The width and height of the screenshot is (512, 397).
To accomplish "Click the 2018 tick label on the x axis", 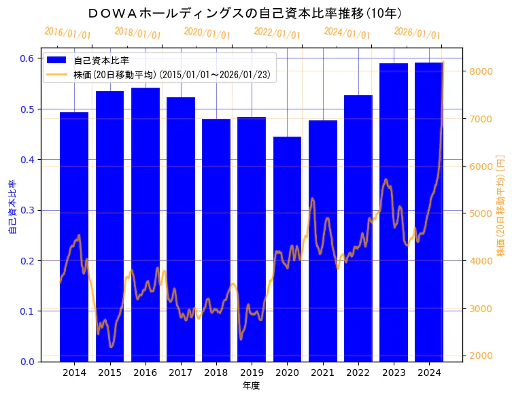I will pyautogui.click(x=216, y=373).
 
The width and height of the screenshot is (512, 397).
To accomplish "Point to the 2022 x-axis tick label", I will pyautogui.click(x=358, y=373).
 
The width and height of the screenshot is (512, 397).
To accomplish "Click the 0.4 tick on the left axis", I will pyautogui.click(x=27, y=160).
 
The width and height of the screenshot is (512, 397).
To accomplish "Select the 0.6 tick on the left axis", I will pyautogui.click(x=27, y=58).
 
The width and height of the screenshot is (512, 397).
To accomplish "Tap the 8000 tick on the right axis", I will pyautogui.click(x=481, y=71).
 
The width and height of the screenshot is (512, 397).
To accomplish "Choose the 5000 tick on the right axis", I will pyautogui.click(x=481, y=213).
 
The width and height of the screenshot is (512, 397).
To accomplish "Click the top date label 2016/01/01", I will pyautogui.click(x=67, y=33).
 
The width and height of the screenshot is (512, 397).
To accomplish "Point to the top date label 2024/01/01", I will pyautogui.click(x=347, y=33).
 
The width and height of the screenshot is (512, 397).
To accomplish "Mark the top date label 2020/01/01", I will pyautogui.click(x=207, y=33).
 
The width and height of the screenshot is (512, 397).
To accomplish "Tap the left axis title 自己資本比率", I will pyautogui.click(x=12, y=207).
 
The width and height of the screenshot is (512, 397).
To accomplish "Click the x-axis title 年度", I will pyautogui.click(x=251, y=385).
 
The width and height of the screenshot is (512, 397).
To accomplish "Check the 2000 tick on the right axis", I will pyautogui.click(x=481, y=356).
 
